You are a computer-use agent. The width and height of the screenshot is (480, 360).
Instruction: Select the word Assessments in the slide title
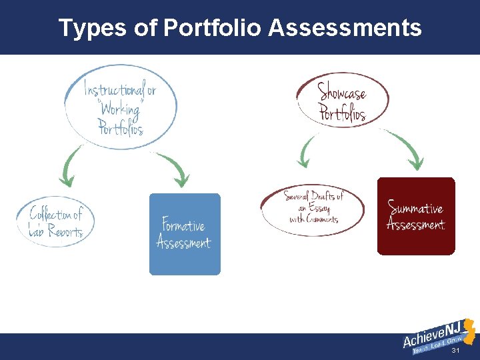click(345, 28)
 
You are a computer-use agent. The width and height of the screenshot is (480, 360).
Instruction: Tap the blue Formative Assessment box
click(184, 234)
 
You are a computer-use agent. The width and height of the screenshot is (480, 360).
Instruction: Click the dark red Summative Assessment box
click(416, 216)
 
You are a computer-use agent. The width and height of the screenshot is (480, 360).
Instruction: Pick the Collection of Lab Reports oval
click(56, 222)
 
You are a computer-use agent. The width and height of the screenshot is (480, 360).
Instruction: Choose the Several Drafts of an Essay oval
click(313, 207)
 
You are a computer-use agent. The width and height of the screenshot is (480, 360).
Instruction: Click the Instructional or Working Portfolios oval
click(121, 107)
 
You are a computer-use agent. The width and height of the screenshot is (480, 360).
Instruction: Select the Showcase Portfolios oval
click(342, 101)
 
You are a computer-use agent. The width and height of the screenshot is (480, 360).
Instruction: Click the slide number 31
click(456, 351)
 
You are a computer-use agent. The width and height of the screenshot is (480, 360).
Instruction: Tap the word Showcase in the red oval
click(341, 91)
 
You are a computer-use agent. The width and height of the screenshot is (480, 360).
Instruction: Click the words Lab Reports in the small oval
click(56, 231)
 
